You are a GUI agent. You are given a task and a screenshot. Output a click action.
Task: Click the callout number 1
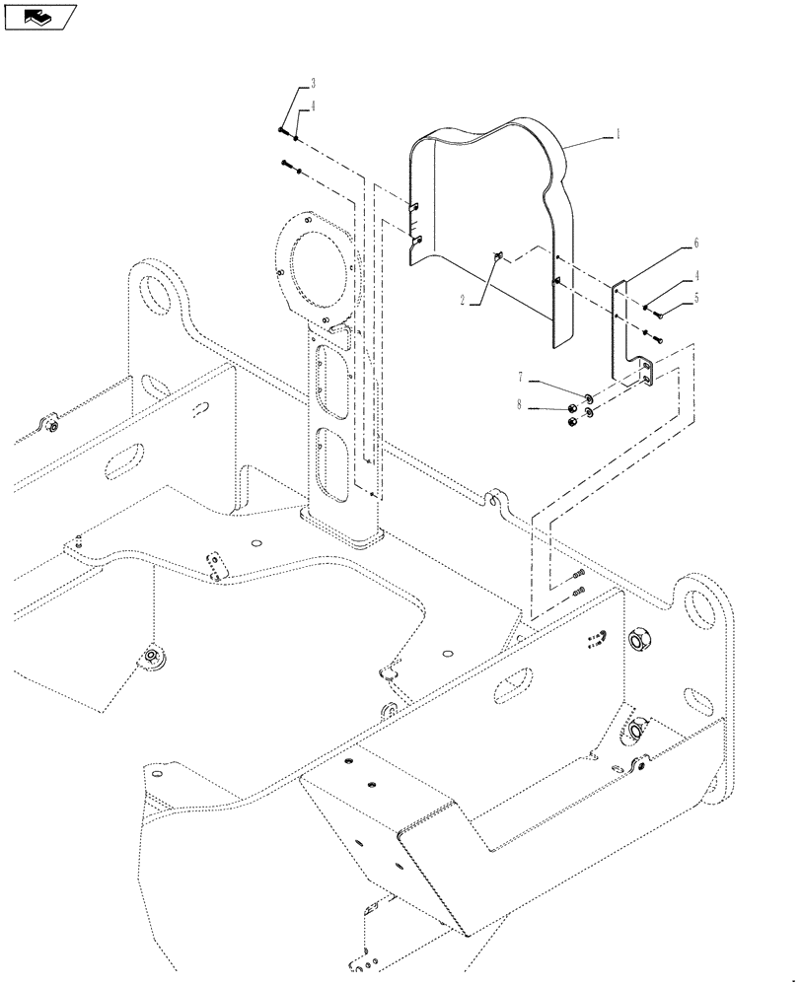point(618,133)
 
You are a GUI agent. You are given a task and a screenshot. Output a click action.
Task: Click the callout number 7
point(523,378)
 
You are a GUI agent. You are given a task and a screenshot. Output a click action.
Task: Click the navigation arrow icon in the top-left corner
point(40,16)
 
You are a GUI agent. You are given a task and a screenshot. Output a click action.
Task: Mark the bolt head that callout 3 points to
point(283,130)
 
